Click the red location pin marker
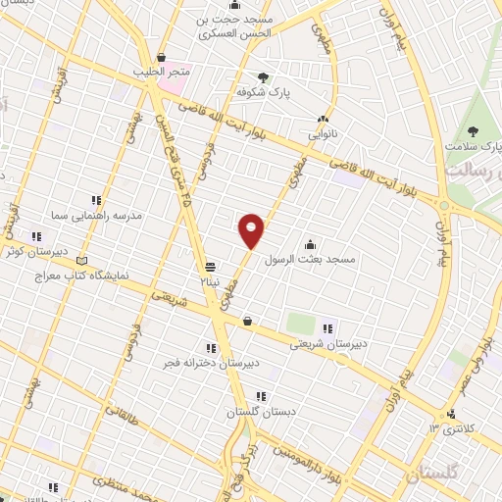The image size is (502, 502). (251, 230)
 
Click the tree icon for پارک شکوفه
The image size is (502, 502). (263, 77)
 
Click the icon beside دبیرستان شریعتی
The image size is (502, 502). (328, 328)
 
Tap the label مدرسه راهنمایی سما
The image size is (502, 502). (101, 215)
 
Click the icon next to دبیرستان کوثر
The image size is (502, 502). (37, 235)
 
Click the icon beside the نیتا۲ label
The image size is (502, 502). (210, 267)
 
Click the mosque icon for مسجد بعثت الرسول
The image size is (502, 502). (311, 245)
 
